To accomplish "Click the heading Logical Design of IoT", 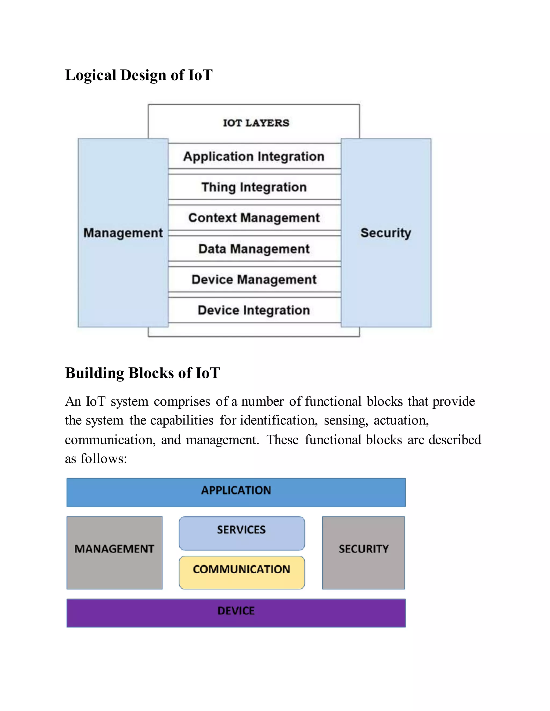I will click(139, 75).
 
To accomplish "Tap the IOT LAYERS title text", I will click(256, 123).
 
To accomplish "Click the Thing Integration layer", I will click(254, 187).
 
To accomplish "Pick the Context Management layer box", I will click(254, 218).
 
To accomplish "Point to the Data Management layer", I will click(254, 249).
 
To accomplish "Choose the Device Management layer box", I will click(254, 279).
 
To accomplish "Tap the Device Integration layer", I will click(254, 310).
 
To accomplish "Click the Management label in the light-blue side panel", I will click(123, 233).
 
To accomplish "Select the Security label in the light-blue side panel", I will click(386, 233).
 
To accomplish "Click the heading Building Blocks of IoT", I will click(143, 373).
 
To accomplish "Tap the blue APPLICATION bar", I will click(236, 492).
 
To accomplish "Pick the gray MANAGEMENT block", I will click(114, 552).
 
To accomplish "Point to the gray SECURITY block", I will click(364, 552).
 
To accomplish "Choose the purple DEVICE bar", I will click(236, 613).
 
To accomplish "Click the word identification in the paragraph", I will click(278, 421).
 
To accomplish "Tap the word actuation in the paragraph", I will click(401, 421).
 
